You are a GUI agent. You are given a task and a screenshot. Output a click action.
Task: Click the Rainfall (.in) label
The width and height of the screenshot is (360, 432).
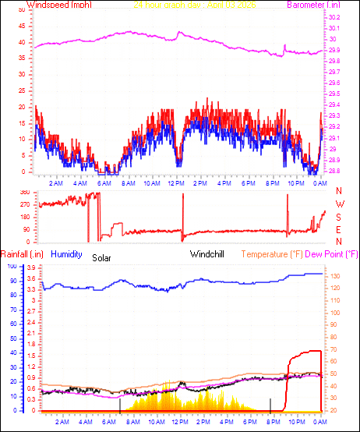coord(20,253)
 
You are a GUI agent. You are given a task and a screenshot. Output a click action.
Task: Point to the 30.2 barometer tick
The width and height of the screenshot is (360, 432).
coord(334,17)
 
